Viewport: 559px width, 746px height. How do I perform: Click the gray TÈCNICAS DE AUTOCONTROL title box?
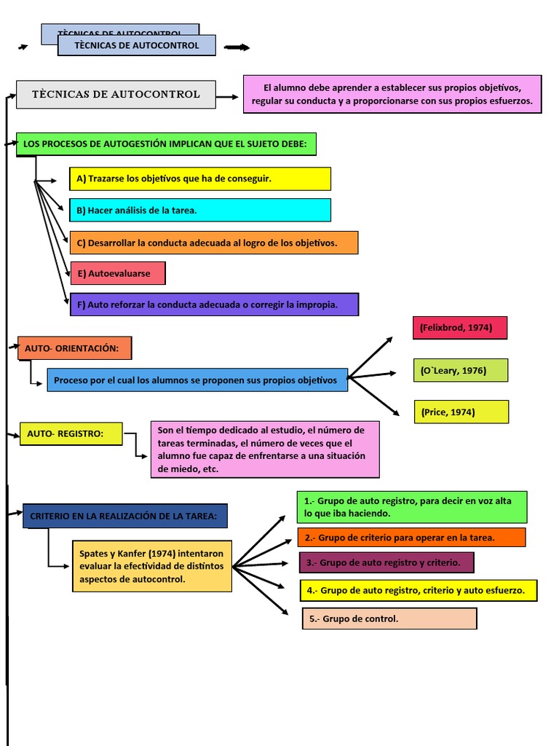116,95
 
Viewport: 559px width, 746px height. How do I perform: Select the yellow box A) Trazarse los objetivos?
199,178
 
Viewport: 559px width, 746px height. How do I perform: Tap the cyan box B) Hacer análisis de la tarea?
199,211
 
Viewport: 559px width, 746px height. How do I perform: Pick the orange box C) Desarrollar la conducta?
213,243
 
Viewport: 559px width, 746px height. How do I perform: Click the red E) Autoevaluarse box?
117,273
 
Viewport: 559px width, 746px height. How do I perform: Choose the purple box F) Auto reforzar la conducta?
213,305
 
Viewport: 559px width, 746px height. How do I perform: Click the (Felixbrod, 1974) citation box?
459,328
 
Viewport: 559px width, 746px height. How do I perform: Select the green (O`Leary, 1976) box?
460,370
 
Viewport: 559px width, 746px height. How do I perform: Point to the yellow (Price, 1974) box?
461,412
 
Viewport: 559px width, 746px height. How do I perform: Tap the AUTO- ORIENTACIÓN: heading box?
74,348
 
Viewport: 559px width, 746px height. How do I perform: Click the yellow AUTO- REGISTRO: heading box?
70,433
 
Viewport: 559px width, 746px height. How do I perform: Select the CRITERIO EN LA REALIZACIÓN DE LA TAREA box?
124,516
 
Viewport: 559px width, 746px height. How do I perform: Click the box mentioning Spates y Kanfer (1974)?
151,566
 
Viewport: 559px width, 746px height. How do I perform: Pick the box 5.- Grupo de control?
389,619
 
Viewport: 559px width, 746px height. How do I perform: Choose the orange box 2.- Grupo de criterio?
411,538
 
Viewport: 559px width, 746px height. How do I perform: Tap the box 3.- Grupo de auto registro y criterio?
386,562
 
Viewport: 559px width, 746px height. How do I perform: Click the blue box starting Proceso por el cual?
197,380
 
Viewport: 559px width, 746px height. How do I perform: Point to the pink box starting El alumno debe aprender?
392,94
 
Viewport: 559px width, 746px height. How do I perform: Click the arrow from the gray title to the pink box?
228,96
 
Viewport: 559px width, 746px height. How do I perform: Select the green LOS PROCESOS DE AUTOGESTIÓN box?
166,144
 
